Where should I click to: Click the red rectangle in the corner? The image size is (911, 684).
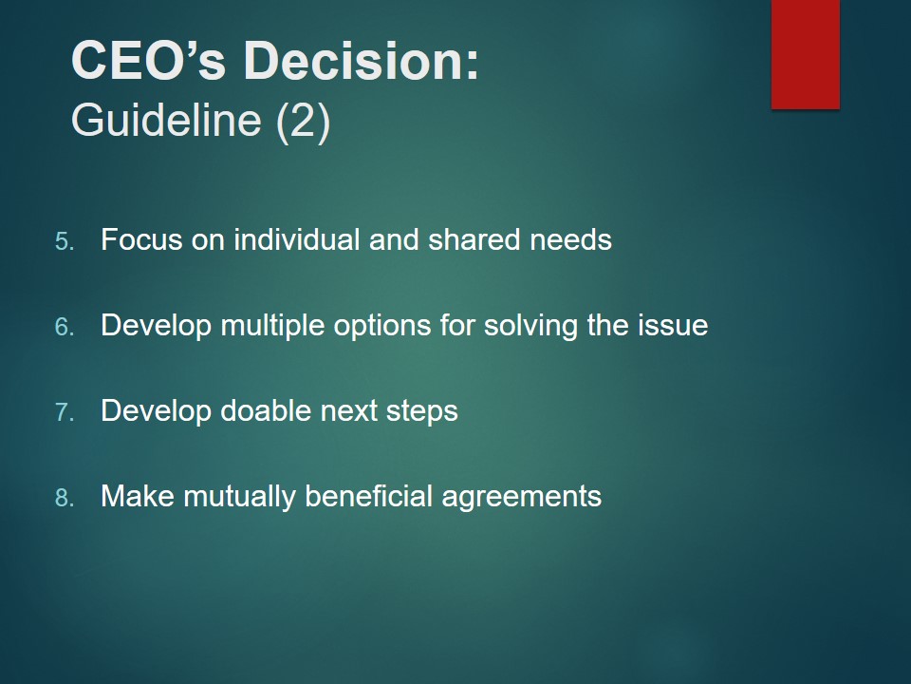(x=806, y=54)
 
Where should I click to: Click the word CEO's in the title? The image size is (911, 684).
(x=148, y=61)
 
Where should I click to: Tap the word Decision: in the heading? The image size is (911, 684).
(x=362, y=61)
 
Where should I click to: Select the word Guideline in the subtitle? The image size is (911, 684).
(x=166, y=121)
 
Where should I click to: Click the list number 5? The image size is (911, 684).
(x=65, y=241)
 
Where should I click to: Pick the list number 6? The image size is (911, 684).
(x=65, y=327)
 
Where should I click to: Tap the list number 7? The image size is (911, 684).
(x=65, y=412)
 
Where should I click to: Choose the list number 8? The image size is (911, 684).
(x=65, y=498)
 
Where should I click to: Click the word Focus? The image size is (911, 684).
(x=141, y=239)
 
